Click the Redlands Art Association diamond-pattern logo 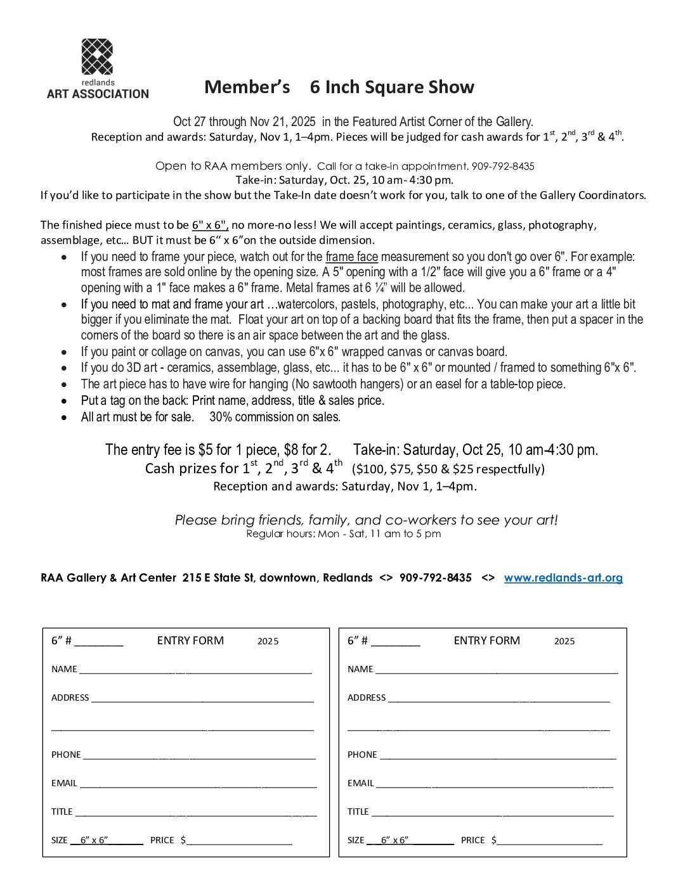click(x=97, y=56)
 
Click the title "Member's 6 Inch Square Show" click(x=339, y=87)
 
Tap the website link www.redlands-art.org click(x=563, y=578)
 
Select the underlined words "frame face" click(x=351, y=257)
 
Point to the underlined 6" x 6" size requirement click(x=209, y=225)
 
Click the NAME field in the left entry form click(x=195, y=670)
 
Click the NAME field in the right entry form click(x=496, y=670)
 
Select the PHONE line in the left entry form click(x=199, y=755)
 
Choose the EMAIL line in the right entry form click(x=494, y=784)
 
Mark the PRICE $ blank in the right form click(x=549, y=841)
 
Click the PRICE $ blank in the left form click(x=239, y=841)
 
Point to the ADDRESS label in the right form click(x=366, y=698)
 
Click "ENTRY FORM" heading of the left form click(x=190, y=640)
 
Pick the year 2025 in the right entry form click(x=564, y=641)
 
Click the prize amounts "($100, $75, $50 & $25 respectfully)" click(x=448, y=469)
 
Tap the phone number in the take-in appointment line click(x=503, y=167)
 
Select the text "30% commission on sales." click(x=275, y=417)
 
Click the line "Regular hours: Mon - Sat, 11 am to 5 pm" click(x=343, y=534)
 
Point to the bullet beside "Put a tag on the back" click(x=64, y=401)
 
